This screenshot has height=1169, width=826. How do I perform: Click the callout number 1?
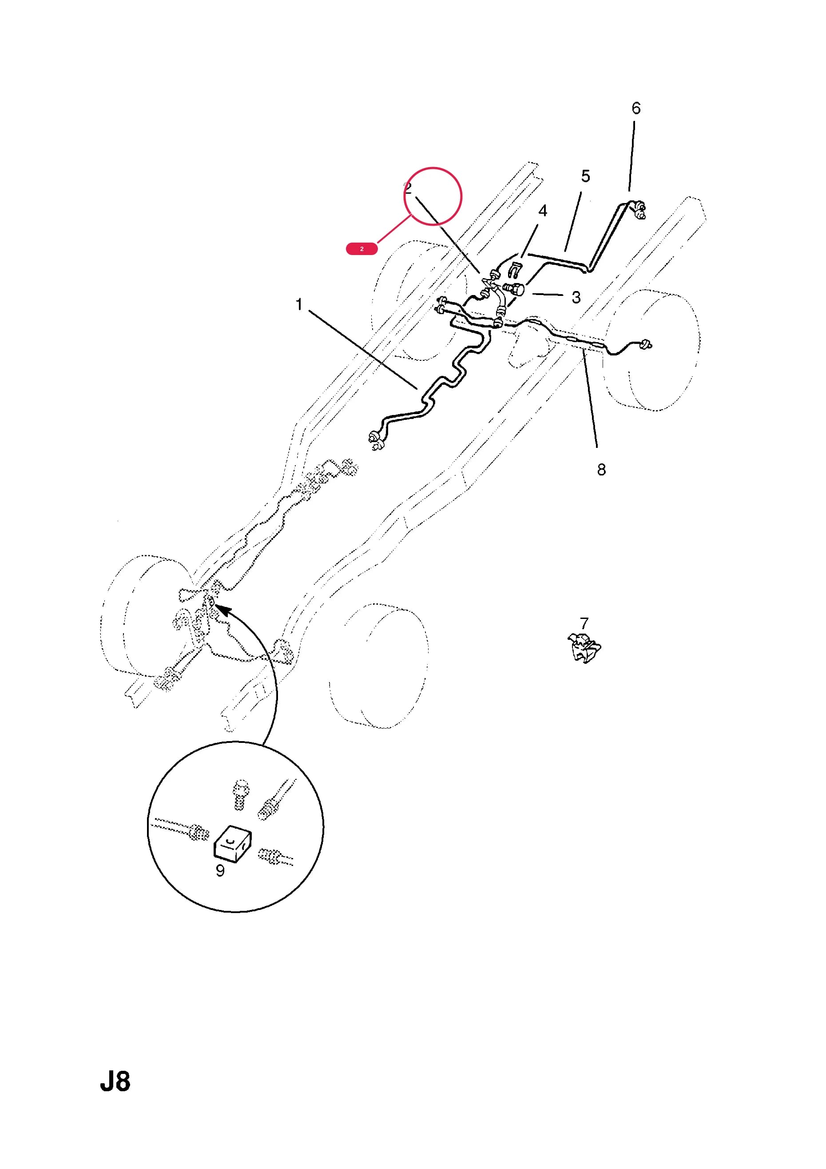pos(299,304)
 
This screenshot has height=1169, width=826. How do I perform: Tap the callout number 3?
pos(576,297)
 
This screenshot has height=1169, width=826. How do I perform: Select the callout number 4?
pos(543,210)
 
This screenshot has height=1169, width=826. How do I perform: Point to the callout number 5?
pos(586,176)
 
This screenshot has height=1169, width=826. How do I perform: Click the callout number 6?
pos(636,108)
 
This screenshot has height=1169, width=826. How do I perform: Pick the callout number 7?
pos(584,623)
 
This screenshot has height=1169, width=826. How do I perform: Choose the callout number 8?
pos(602,470)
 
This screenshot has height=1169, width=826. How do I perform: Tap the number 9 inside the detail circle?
pos(220,870)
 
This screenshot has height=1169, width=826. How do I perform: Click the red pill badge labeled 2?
pos(362,249)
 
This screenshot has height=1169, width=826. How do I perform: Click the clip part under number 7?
pos(584,648)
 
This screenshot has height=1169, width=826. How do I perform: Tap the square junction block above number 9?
pos(232,845)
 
